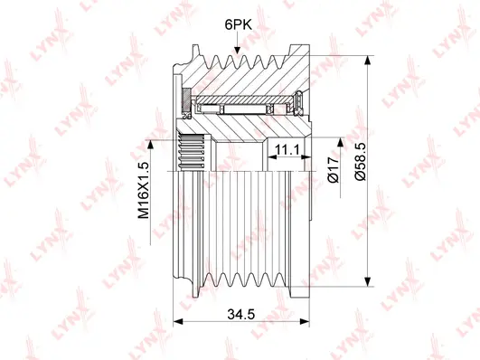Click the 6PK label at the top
pos(238,24)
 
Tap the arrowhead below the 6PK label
pos(237,51)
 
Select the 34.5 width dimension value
pos(241,314)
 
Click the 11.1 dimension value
pos(287,150)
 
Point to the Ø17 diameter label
pos(333,169)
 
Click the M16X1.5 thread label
pos(143,190)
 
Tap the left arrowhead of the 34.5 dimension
pos(178,322)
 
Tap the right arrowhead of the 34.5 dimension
pos(305,322)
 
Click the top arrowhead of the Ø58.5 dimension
pos(367,60)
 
